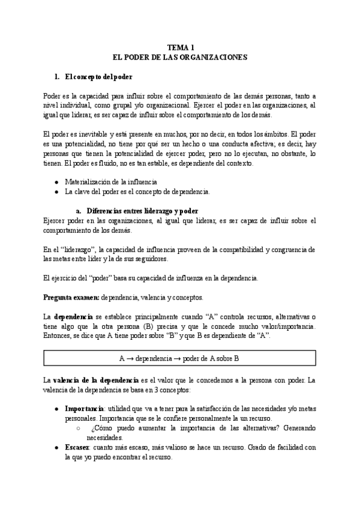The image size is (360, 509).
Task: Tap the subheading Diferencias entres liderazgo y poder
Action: [x=142, y=211]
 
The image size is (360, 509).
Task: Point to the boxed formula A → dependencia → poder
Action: [x=180, y=358]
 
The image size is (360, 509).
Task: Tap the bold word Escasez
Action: [x=77, y=448]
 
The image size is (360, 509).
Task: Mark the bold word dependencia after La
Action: [x=74, y=316]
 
